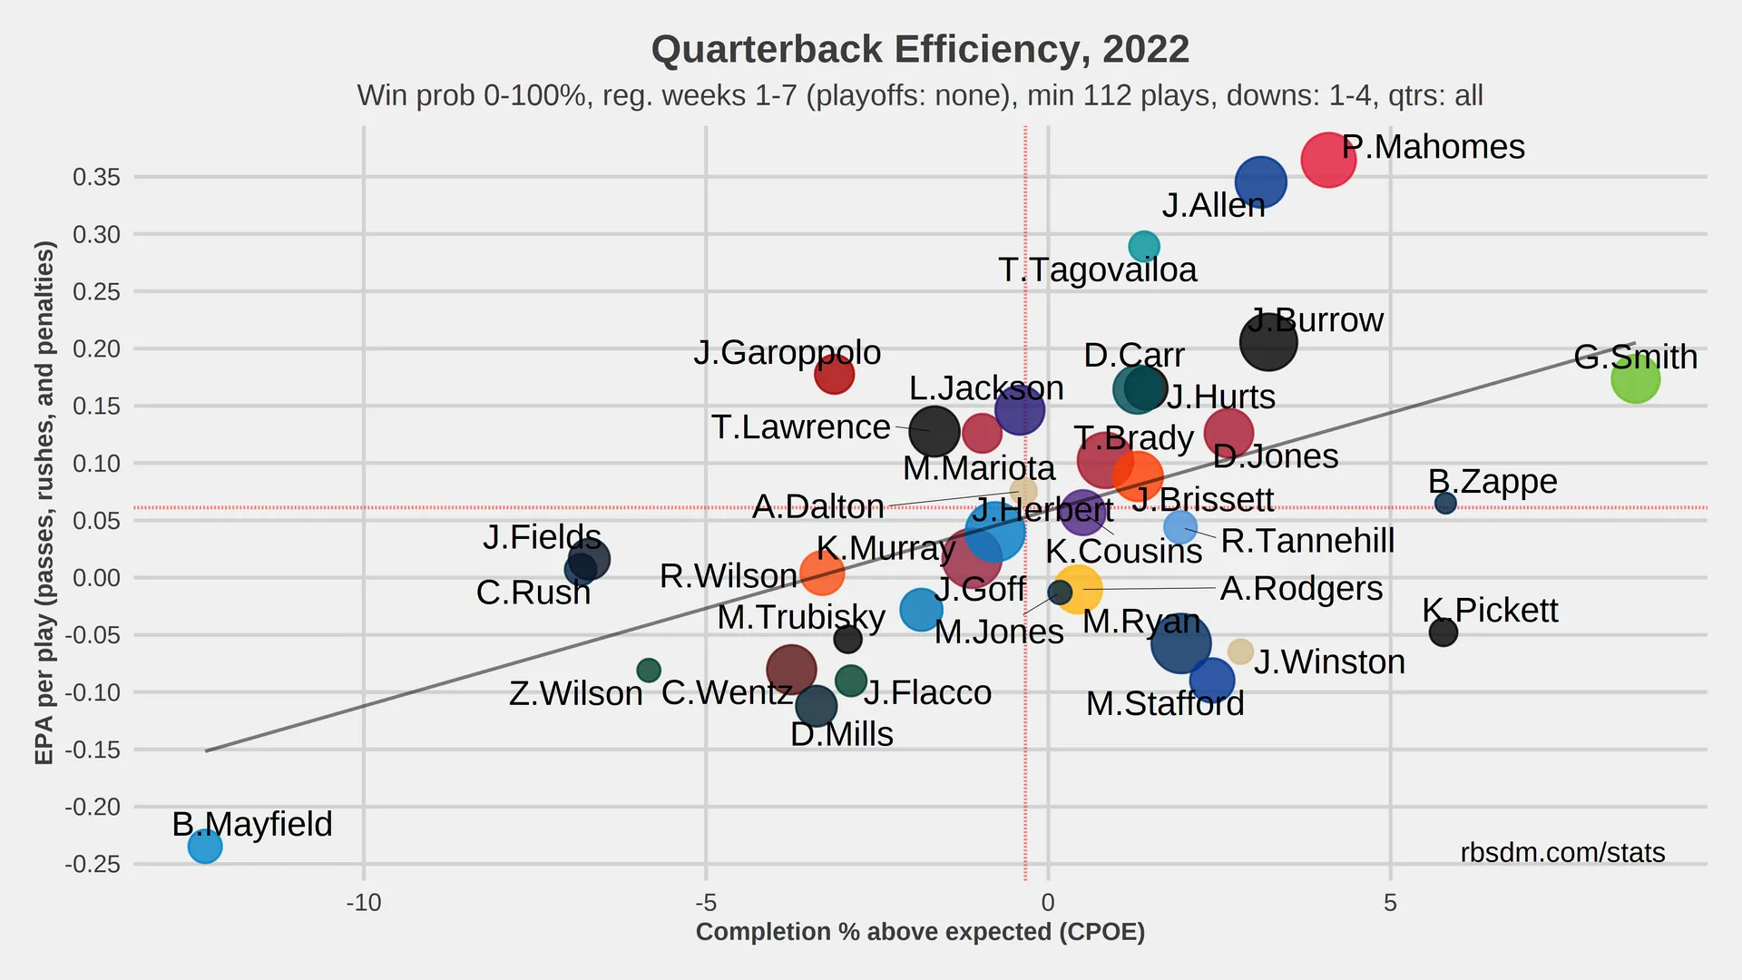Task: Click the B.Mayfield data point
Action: (x=205, y=847)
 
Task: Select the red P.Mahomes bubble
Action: (x=1327, y=161)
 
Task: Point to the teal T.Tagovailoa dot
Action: (x=1144, y=246)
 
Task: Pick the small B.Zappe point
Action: (x=1445, y=504)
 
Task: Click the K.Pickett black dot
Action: (x=1443, y=632)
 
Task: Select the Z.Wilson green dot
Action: (x=649, y=671)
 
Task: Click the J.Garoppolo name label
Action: (x=787, y=352)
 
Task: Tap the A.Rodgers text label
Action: (x=1301, y=589)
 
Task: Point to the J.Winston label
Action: (x=1329, y=662)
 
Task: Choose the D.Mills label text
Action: (x=841, y=734)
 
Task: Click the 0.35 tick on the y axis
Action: (x=96, y=177)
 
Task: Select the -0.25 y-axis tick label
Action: (x=93, y=864)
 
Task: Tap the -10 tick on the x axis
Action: (x=364, y=903)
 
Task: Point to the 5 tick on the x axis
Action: (x=1390, y=903)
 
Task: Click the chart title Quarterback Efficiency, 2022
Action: (x=920, y=50)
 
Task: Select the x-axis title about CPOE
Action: (x=920, y=932)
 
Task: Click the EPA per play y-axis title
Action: (x=44, y=503)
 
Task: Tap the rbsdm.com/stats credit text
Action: (x=1562, y=853)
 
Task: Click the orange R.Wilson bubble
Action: (x=822, y=573)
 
